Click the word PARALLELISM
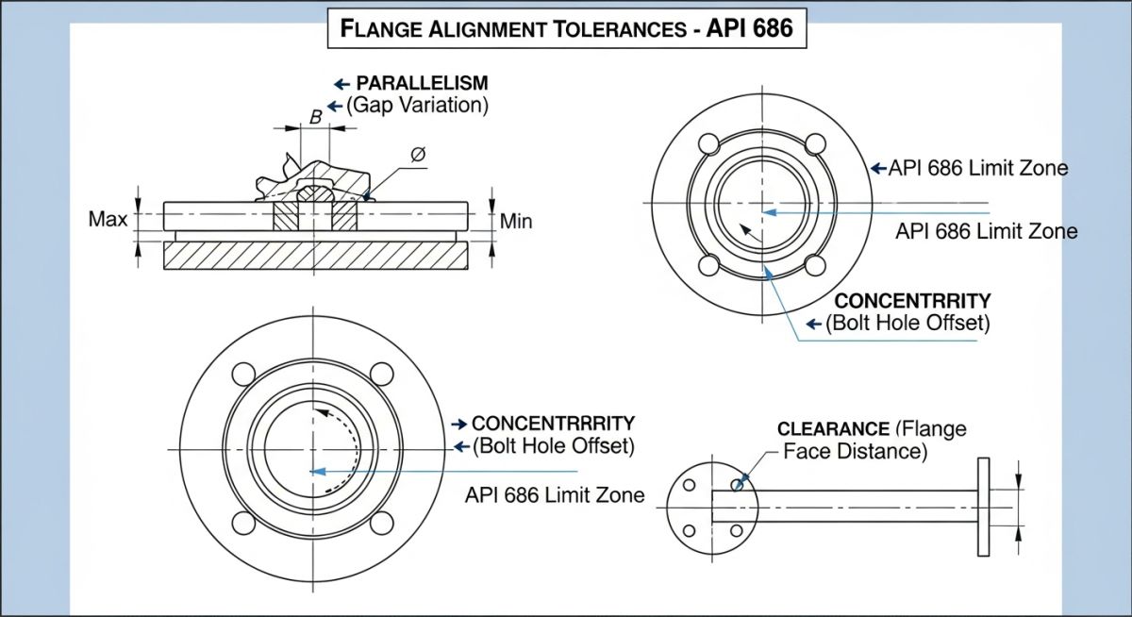[422, 82]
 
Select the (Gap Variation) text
[417, 106]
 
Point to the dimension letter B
[316, 117]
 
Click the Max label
[108, 220]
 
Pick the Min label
[516, 222]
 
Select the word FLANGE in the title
[375, 30]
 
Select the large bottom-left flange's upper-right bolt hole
[381, 374]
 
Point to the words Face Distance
[856, 452]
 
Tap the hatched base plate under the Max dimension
[315, 257]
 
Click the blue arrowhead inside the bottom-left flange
[318, 471]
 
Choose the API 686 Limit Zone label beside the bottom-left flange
[555, 494]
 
